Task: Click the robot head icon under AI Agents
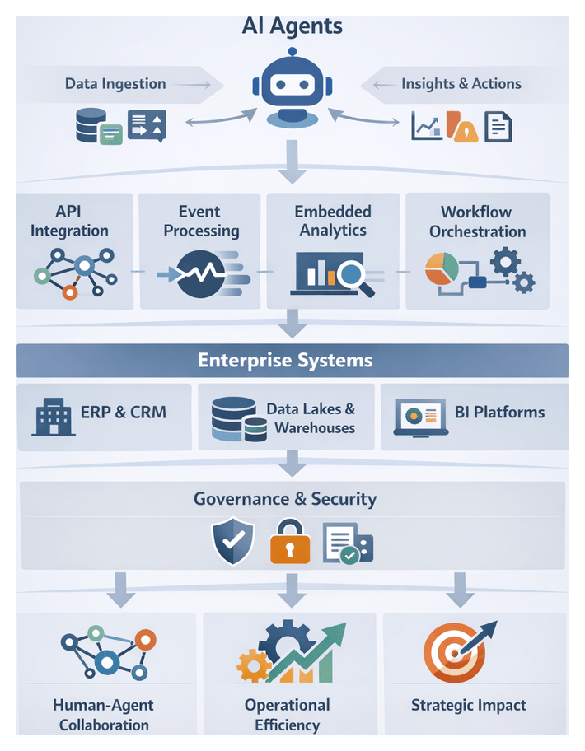(292, 86)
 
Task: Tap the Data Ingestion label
(115, 84)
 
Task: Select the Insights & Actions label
(461, 84)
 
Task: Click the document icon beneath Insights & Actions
(498, 126)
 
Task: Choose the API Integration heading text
(69, 222)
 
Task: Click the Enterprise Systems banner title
(285, 361)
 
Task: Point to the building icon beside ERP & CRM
(53, 416)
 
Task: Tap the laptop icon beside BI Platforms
(419, 417)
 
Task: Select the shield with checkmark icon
(233, 540)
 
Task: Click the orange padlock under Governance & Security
(290, 543)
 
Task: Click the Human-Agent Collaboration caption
(103, 715)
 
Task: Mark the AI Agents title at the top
(292, 26)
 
